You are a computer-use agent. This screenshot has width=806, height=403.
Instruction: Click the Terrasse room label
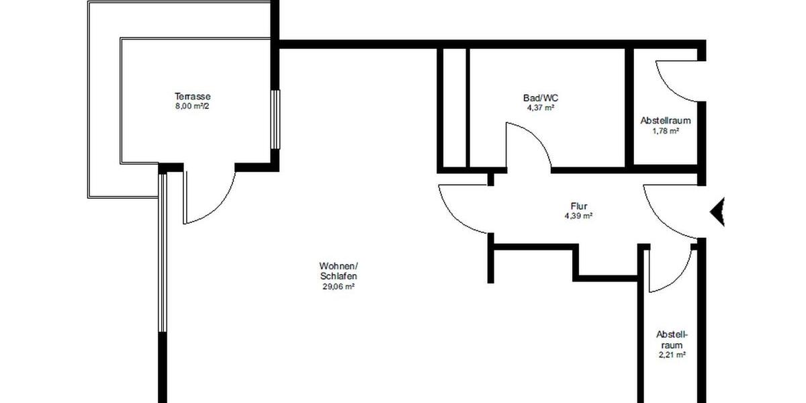[x=193, y=96]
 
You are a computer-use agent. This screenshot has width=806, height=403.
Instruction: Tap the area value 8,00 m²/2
[x=193, y=105]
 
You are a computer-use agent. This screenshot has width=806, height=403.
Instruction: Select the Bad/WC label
[x=539, y=98]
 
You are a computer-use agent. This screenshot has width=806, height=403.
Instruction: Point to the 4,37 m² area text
[x=539, y=107]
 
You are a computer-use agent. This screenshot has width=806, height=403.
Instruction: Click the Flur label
[x=578, y=207]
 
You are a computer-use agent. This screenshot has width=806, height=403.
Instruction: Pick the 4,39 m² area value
[x=578, y=216]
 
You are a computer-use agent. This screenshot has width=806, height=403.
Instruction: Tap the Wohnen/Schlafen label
[x=338, y=270]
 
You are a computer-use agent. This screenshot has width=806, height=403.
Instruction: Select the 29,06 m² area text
[x=338, y=286]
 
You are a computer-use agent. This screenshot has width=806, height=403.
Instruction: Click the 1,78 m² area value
[x=666, y=132]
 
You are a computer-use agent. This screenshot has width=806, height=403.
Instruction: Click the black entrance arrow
[x=717, y=212]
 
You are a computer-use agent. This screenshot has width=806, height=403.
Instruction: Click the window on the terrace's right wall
[x=274, y=120]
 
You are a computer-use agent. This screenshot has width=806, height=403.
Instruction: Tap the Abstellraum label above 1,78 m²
[x=666, y=122]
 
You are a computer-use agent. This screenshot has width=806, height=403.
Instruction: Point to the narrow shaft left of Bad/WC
[x=454, y=107]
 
